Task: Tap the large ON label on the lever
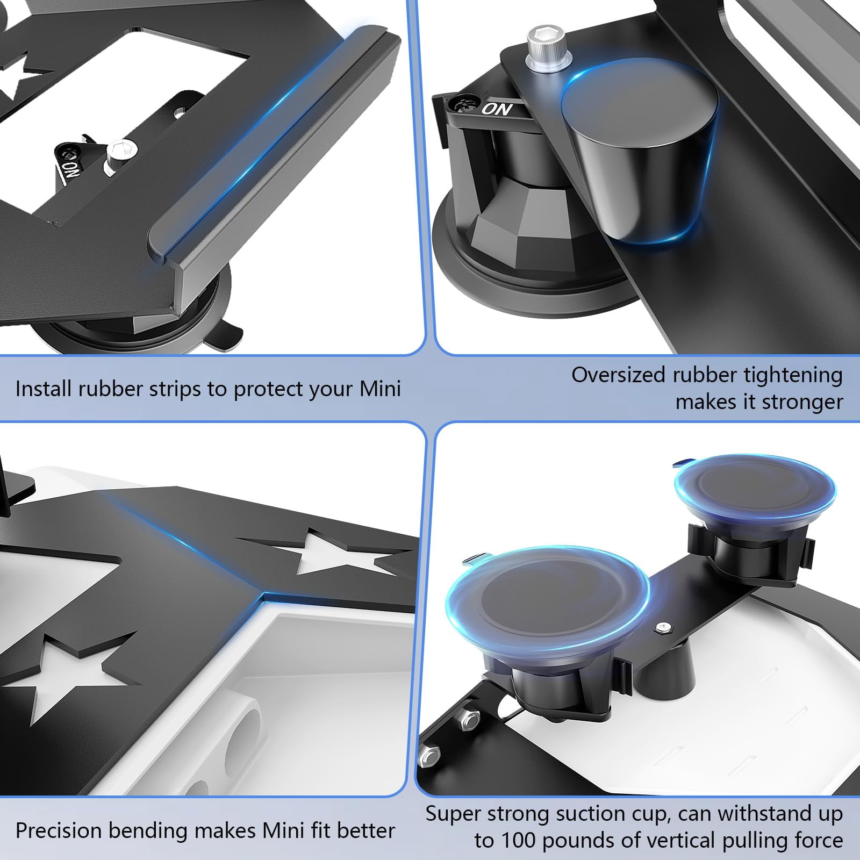[x=497, y=109]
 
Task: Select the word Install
[x=44, y=388]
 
